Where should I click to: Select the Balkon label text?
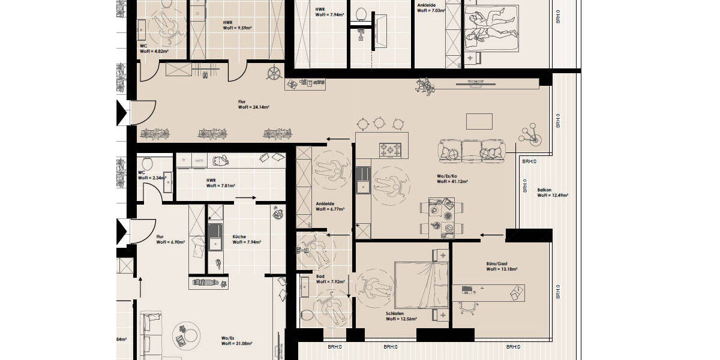click(552, 192)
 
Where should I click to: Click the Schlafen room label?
click(401, 316)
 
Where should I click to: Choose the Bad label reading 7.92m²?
click(328, 279)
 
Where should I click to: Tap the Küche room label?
click(246, 239)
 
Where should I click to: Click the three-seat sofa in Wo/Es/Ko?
click(472, 151)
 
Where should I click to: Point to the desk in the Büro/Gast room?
click(487, 292)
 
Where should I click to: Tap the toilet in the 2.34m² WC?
click(146, 163)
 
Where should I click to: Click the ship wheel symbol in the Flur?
click(274, 76)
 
